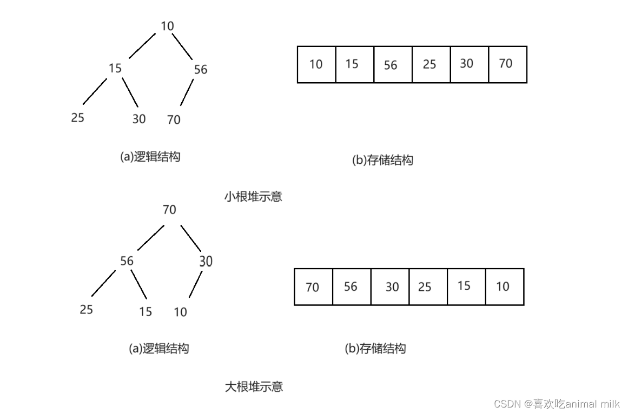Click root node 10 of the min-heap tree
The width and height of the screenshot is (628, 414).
[167, 26]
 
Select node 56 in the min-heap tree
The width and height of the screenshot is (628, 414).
[200, 69]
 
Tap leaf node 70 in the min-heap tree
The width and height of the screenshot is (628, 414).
[174, 119]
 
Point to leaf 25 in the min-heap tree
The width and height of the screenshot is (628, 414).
[78, 117]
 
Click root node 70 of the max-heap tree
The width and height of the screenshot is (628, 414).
[169, 210]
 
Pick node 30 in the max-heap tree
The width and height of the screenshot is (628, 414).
[206, 262]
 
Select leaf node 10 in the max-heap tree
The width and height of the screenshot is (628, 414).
[180, 312]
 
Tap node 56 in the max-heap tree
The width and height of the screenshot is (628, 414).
[127, 261]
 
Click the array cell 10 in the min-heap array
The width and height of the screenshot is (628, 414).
[316, 64]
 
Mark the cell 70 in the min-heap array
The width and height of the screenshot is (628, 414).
[507, 64]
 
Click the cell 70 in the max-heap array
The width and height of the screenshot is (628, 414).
[313, 287]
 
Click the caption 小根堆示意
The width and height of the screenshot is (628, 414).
[253, 196]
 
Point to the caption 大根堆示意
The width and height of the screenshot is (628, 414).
[254, 386]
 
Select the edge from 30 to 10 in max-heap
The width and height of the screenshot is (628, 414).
[195, 284]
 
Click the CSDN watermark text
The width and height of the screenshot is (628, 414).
[557, 404]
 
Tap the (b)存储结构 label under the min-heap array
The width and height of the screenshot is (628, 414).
[382, 160]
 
